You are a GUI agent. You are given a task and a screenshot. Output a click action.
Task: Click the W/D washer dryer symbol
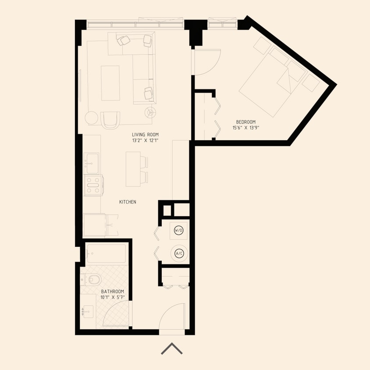(179, 230)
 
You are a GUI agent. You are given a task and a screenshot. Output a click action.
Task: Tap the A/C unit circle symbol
(179, 253)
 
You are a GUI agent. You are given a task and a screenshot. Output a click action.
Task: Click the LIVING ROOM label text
(145, 135)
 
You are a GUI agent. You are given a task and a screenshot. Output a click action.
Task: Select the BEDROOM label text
(245, 122)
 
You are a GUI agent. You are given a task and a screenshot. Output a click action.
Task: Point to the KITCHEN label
(128, 202)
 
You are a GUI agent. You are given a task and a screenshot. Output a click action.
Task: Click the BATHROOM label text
(113, 292)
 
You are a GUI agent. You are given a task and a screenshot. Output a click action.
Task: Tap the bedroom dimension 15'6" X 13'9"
(245, 128)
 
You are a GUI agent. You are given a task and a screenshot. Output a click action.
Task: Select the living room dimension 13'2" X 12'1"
(145, 141)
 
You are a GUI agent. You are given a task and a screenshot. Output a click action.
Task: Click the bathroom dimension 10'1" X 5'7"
(113, 297)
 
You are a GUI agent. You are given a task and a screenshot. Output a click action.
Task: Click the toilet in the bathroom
(92, 278)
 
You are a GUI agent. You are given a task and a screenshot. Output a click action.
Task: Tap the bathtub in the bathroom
(106, 253)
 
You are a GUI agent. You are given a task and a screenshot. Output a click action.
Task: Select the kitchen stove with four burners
(93, 185)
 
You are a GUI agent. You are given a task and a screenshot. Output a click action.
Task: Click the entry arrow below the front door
(171, 349)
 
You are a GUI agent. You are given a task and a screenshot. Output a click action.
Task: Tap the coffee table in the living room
(110, 83)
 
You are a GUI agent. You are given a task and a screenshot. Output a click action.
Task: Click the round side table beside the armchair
(92, 118)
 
